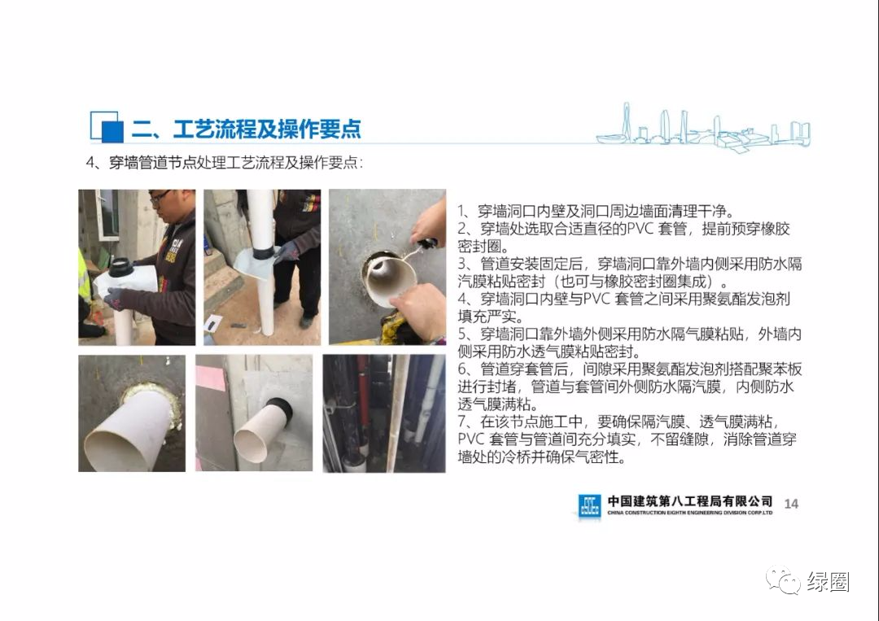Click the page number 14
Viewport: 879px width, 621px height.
click(x=791, y=504)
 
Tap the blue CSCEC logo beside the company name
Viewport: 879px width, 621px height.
click(x=589, y=505)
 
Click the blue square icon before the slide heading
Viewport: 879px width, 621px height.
click(x=105, y=127)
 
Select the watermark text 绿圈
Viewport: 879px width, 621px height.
click(x=829, y=581)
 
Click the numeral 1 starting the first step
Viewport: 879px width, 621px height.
click(x=461, y=210)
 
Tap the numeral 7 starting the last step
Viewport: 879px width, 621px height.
click(x=461, y=422)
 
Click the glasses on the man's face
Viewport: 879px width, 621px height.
click(x=160, y=198)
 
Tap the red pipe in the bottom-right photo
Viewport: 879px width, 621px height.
click(x=363, y=399)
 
